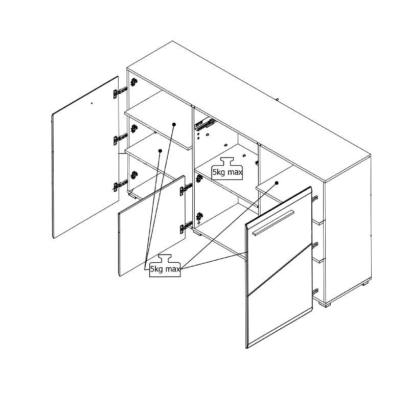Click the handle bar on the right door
(273, 222)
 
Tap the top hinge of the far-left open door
(120, 93)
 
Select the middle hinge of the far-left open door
(120, 139)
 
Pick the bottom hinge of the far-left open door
(120, 186)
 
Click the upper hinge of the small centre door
(186, 189)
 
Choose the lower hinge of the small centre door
(186, 227)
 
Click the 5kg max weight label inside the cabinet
(227, 169)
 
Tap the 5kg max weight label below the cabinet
(165, 265)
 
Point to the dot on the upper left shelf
(174, 124)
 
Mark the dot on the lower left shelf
(160, 151)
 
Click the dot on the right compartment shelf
(277, 183)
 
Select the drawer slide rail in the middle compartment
(205, 124)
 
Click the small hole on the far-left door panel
(92, 103)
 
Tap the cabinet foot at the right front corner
(324, 304)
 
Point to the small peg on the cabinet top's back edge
(278, 99)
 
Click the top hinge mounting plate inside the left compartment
(134, 82)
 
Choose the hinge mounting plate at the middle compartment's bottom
(199, 216)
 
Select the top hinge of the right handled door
(315, 199)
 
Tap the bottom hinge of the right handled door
(315, 291)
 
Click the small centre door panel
(152, 225)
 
